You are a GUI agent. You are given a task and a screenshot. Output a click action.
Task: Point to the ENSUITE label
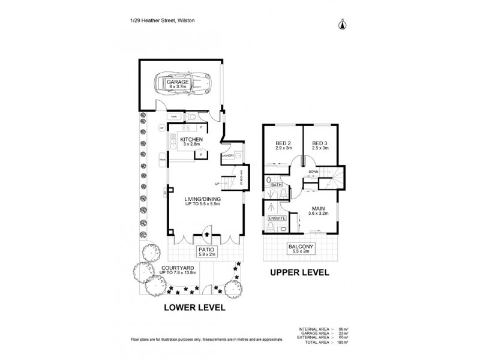click(x=276, y=218)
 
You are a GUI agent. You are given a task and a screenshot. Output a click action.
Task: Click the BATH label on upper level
click(x=277, y=185)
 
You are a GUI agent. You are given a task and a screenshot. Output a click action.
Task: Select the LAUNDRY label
click(x=228, y=156)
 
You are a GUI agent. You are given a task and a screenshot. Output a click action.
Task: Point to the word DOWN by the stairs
click(x=313, y=172)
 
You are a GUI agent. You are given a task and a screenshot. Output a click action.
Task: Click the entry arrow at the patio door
click(x=206, y=235)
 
